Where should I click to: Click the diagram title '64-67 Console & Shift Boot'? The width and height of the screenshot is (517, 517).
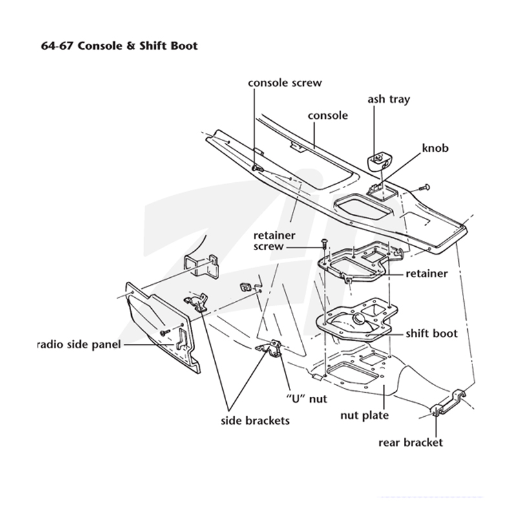(119, 45)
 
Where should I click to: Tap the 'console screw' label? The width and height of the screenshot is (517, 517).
(285, 83)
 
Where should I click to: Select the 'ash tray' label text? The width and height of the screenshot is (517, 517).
(389, 100)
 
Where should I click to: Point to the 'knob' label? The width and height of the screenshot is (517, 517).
(435, 148)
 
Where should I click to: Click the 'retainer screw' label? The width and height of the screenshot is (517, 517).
(274, 241)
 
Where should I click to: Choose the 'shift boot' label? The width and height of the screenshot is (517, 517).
(431, 333)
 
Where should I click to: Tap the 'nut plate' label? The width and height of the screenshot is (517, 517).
(364, 415)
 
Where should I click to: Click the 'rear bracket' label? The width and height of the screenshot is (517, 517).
(410, 442)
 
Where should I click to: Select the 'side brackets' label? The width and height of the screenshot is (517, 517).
(255, 421)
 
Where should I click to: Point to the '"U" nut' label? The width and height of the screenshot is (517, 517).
(306, 399)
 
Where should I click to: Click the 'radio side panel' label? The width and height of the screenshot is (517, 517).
(79, 344)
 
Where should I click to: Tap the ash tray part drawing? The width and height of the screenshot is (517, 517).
(379, 161)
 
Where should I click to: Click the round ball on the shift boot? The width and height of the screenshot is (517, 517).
(358, 318)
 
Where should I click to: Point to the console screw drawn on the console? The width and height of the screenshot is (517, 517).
(257, 168)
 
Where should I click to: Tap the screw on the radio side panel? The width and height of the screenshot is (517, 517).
(165, 332)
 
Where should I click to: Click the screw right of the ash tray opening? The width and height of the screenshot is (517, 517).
(424, 187)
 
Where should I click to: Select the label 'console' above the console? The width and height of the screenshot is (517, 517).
(328, 116)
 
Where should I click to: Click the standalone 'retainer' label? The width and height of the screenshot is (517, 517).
(427, 273)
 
